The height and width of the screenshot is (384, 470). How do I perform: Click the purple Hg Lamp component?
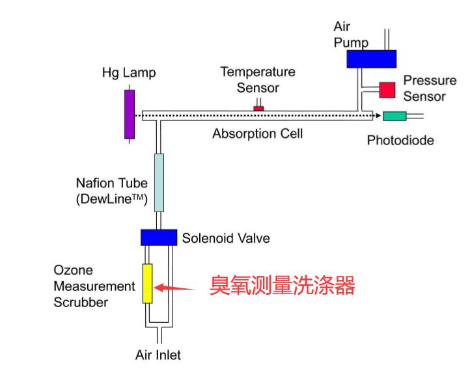[x=130, y=114]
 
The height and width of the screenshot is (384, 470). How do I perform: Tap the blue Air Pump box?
[x=371, y=59]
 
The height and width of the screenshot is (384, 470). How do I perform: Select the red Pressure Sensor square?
[x=387, y=89]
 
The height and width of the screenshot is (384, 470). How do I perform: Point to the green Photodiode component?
[x=395, y=117]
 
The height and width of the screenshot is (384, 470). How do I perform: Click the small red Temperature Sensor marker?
[x=258, y=107]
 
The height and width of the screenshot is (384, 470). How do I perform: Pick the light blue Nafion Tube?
[x=159, y=183]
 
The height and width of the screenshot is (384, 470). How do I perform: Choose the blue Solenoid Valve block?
[x=159, y=238]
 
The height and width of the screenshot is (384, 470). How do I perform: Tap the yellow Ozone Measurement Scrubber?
[x=147, y=283]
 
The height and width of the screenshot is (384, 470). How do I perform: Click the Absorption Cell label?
[x=258, y=134]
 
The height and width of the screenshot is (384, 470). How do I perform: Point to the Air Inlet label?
[x=158, y=355]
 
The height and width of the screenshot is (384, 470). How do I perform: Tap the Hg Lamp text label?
[x=129, y=73]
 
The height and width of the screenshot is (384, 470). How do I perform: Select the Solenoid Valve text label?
[x=226, y=238]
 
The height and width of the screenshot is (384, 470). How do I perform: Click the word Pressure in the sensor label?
[x=430, y=81]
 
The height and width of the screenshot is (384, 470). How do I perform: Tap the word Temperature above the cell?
[x=258, y=72]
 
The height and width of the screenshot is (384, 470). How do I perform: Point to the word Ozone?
[x=73, y=270]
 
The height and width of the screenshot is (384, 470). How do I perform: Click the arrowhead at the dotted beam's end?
[x=377, y=116]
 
